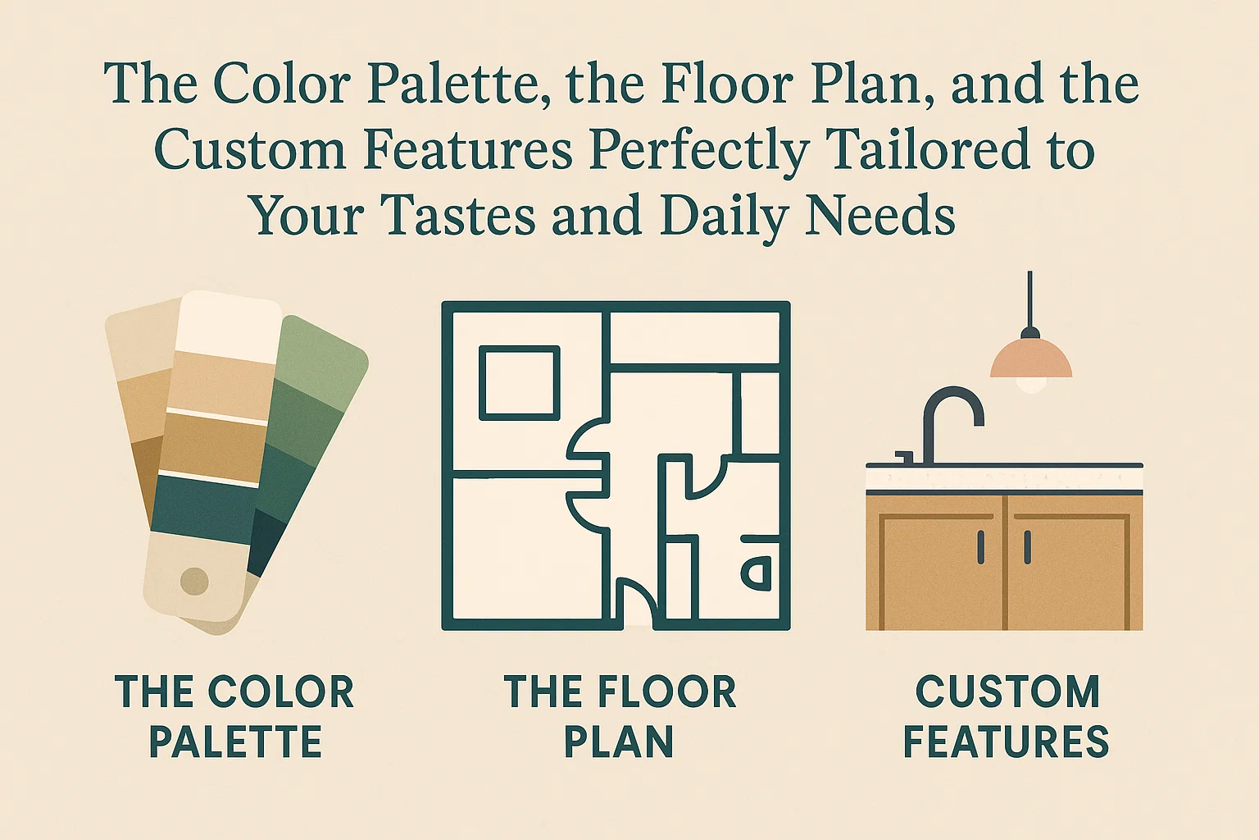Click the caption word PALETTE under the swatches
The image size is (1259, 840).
point(235,742)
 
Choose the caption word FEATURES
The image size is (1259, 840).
point(1006,742)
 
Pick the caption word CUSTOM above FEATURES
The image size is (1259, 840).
point(1007,692)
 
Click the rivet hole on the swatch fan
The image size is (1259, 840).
point(194,582)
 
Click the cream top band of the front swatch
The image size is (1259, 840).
point(227,323)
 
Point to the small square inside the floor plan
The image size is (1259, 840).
point(519,382)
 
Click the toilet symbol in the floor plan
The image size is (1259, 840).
point(757,572)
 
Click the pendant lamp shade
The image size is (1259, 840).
point(1030,359)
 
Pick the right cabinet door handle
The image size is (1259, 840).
point(1027,547)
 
